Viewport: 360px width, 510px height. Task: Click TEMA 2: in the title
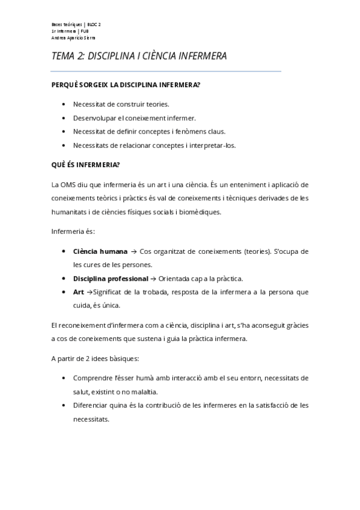pyautogui.click(x=69, y=57)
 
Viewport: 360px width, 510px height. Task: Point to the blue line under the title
pyautogui.click(x=166, y=71)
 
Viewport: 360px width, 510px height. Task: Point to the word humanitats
pyautogui.click(x=70, y=212)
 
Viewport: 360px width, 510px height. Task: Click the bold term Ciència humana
pyautogui.click(x=100, y=251)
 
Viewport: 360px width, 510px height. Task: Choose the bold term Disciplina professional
pyautogui.click(x=111, y=278)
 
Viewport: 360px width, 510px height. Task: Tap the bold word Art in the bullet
pyautogui.click(x=79, y=292)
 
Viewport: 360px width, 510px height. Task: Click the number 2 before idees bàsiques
pyautogui.click(x=84, y=358)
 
